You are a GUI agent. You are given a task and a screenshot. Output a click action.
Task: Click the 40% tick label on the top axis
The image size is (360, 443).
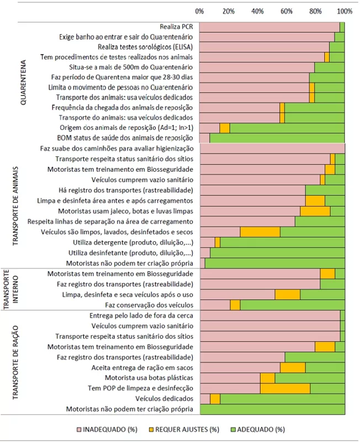[x=257, y=12]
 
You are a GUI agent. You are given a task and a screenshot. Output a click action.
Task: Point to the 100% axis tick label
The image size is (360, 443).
[x=345, y=12]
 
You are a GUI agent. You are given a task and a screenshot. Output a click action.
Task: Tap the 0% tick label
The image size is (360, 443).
[x=199, y=12]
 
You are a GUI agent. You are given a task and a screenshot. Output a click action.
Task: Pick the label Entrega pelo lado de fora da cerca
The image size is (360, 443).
[x=141, y=315]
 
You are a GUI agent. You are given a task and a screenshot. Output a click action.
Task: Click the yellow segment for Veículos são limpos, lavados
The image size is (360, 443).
[x=260, y=231]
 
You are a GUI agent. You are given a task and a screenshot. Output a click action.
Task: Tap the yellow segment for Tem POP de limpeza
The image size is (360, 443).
[x=285, y=388]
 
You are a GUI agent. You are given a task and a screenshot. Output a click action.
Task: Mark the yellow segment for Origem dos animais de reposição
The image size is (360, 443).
[x=225, y=128]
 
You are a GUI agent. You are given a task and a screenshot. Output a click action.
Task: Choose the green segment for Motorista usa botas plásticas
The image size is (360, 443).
[x=310, y=378]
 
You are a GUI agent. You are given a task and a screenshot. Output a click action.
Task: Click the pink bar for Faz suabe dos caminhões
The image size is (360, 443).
[x=272, y=149]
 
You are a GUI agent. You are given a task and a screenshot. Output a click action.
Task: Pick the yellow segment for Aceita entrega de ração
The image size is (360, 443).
[x=293, y=367]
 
